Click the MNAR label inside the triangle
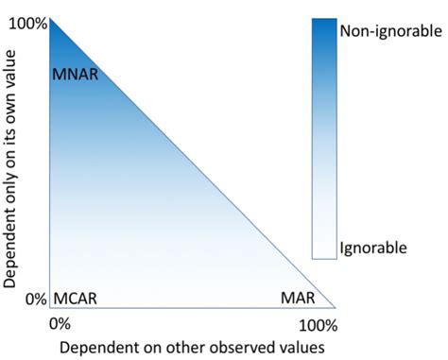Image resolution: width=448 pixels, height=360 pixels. (76, 73)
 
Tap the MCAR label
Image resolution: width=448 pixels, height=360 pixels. (77, 299)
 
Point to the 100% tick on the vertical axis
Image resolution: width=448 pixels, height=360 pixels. (27, 23)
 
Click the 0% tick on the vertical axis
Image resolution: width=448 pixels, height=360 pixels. (35, 300)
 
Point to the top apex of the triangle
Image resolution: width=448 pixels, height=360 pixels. (50, 17)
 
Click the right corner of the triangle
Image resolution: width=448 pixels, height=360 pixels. (335, 307)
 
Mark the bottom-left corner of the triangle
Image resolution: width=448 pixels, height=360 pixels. (50, 307)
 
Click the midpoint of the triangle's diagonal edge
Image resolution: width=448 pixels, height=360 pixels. (192, 163)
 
